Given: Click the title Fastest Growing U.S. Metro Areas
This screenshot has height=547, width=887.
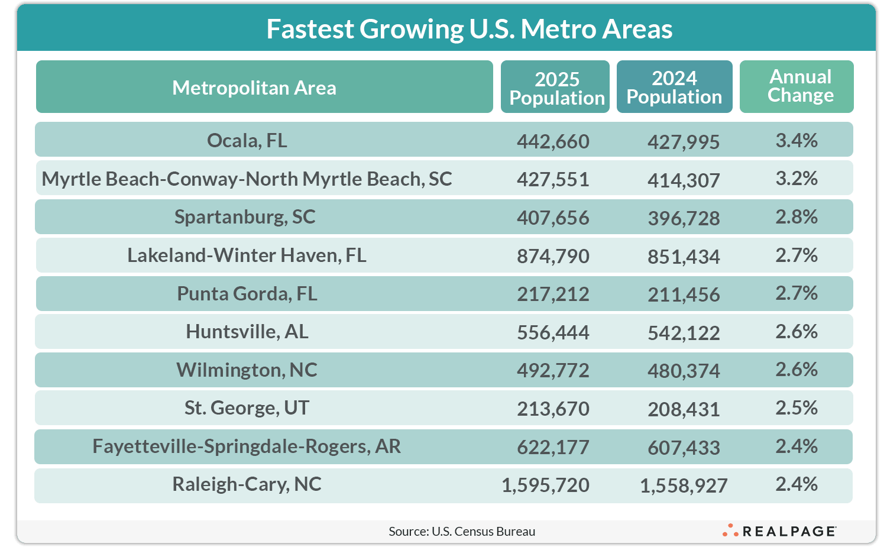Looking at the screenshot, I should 469,29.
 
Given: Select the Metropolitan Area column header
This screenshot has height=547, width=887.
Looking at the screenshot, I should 254,88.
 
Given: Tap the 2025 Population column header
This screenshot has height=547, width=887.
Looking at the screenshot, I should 556,88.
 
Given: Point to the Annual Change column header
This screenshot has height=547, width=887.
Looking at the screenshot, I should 800,86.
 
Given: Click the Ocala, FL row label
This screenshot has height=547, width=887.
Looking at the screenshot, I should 247,141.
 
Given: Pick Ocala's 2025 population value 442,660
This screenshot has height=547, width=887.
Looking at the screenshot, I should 553,142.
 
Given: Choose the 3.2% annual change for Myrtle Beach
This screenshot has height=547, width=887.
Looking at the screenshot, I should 797,179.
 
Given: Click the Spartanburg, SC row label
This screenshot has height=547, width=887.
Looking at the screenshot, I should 245,217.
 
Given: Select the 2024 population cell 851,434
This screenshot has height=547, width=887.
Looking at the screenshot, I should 684,257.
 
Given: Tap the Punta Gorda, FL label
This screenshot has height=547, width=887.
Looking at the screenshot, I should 247,293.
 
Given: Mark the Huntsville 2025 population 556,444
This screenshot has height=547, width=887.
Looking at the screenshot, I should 553,333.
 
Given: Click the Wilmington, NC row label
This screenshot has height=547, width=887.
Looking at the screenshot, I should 247,370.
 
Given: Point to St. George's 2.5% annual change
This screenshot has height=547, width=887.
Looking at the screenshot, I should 797,408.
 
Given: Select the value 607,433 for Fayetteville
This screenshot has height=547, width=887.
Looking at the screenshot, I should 684,448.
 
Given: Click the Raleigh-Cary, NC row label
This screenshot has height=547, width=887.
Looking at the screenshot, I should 247,484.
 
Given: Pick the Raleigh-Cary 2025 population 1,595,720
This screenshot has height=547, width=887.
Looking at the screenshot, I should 545,485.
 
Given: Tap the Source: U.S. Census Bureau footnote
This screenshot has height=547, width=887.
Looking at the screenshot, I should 462,532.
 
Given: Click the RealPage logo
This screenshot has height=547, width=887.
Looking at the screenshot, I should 779,531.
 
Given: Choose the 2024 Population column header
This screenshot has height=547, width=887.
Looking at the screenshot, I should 674,87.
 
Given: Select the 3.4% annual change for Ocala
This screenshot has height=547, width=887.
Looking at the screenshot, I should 797,141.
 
